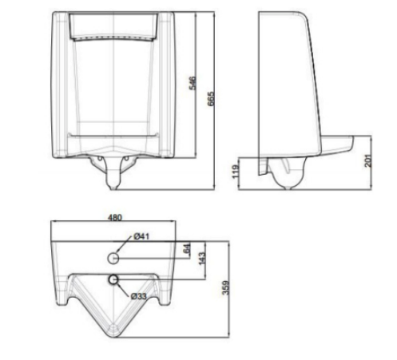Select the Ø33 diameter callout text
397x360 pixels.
(138, 297)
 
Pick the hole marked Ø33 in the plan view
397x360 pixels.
(114, 280)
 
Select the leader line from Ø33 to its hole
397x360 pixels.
(123, 289)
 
